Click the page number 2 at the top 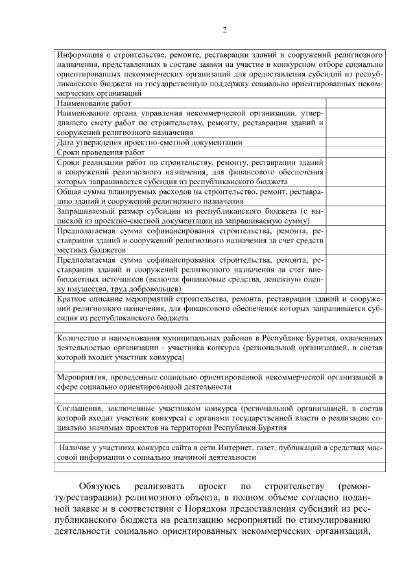(x=224, y=29)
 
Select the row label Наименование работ (x=94, y=102)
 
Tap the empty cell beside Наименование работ (x=355, y=102)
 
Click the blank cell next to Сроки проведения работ (x=355, y=152)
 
